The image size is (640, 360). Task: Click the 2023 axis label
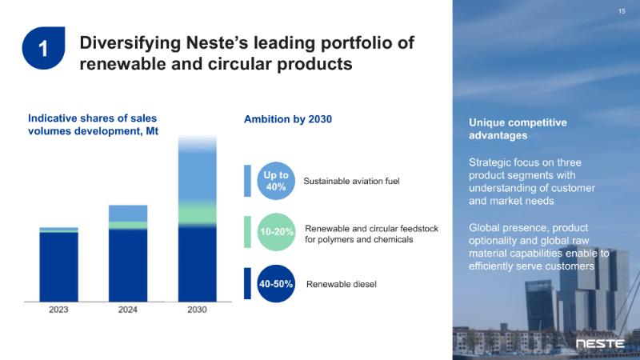[58, 310]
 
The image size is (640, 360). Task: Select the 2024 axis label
[128, 310]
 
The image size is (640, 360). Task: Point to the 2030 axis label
[197, 310]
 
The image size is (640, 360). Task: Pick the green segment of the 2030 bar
[197, 213]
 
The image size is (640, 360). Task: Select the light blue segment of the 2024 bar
[128, 213]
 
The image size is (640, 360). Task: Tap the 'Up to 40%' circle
[276, 181]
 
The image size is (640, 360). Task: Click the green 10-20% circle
[276, 232]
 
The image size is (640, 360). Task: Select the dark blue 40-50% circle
[276, 284]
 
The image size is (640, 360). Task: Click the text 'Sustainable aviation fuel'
[351, 182]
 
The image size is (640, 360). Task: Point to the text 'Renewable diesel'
[342, 284]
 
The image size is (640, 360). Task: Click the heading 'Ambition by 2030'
[287, 119]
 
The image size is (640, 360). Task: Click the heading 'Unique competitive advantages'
[517, 129]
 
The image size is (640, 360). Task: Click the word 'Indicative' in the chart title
[54, 118]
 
